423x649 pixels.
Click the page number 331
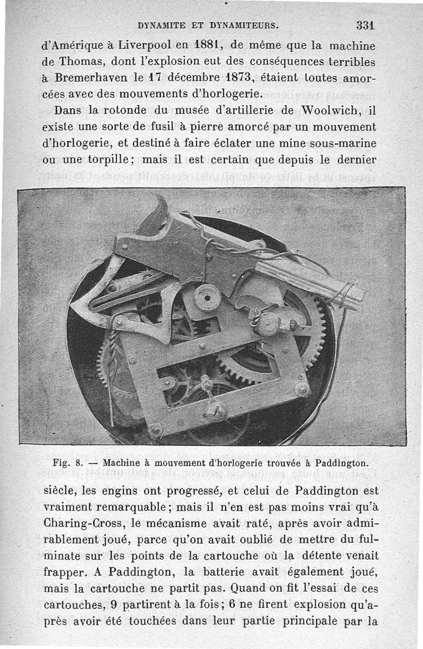tap(365, 25)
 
